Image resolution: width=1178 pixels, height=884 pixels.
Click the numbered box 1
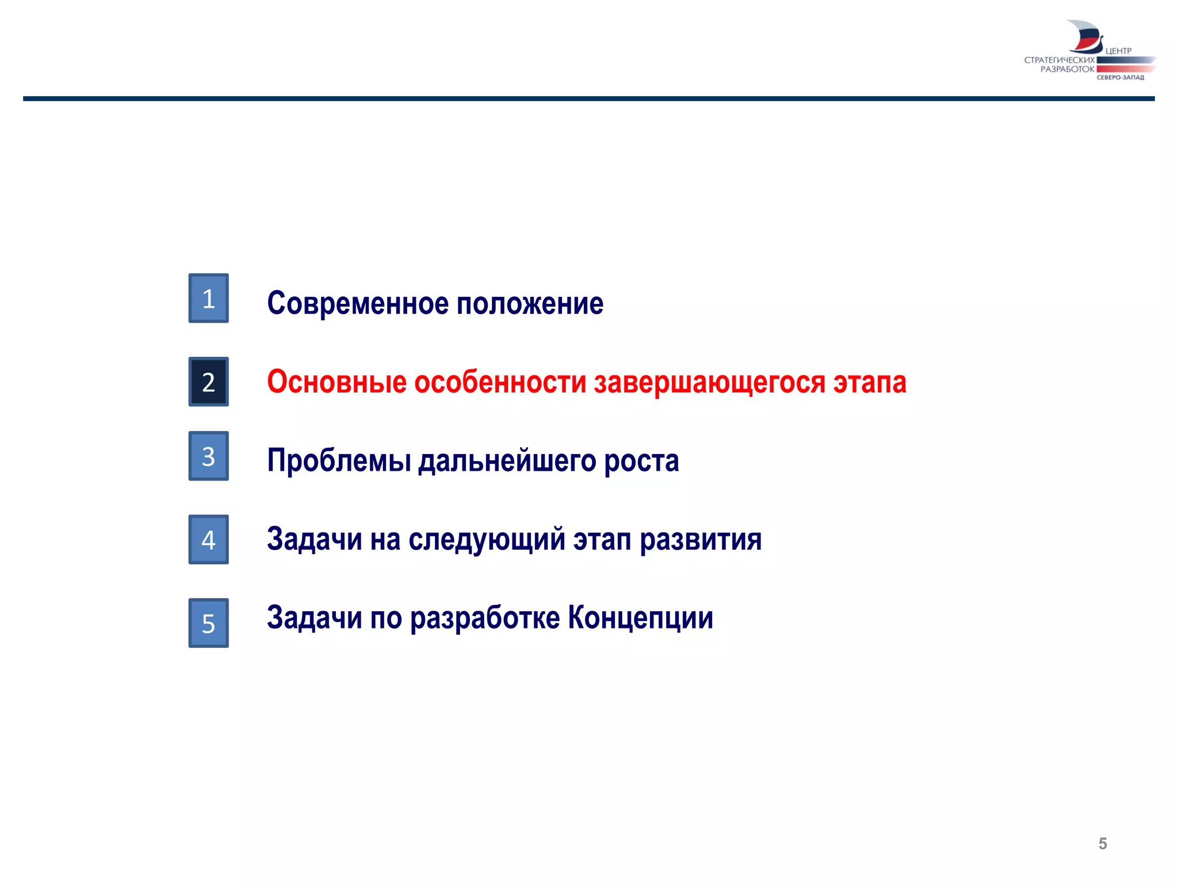[x=208, y=298]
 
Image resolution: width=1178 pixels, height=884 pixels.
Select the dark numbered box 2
[x=208, y=382]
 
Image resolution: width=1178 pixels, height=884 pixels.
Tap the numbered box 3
[x=208, y=456]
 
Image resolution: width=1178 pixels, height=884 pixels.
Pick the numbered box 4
[x=208, y=539]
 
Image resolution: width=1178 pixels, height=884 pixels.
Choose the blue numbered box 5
[x=208, y=623]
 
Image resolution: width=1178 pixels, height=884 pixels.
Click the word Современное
[x=357, y=303]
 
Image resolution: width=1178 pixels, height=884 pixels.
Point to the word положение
[x=530, y=303]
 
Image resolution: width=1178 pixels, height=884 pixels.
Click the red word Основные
[x=336, y=382]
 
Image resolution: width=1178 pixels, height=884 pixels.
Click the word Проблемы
[x=339, y=461]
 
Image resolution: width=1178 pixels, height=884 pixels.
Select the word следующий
[x=487, y=540]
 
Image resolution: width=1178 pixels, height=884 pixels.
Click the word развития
[x=701, y=540]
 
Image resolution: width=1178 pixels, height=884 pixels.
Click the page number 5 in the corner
[x=1102, y=844]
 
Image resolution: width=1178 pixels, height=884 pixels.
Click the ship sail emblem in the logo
[x=1085, y=37]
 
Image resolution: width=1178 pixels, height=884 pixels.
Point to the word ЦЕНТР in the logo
[x=1118, y=51]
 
